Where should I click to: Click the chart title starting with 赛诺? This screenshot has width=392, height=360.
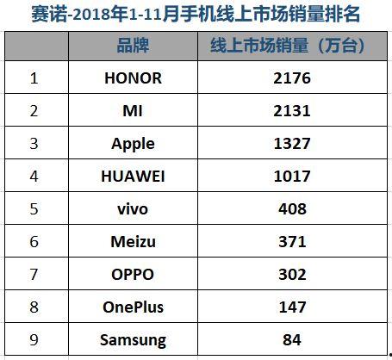tap(196, 14)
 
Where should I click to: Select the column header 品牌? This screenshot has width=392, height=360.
tap(132, 47)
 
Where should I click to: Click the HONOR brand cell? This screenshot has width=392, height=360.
tap(132, 78)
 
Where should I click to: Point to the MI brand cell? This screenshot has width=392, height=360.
tap(132, 111)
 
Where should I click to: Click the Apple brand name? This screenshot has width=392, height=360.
tap(132, 143)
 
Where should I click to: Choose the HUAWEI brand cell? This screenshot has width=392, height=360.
tap(132, 176)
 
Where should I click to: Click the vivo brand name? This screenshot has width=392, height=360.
tap(132, 208)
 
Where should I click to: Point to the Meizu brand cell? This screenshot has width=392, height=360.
tap(132, 242)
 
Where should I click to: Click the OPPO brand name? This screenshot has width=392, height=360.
tap(132, 275)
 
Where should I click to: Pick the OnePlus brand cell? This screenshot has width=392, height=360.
tap(132, 307)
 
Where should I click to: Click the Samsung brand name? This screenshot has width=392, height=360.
tap(132, 340)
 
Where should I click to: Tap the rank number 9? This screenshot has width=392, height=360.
tap(34, 340)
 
